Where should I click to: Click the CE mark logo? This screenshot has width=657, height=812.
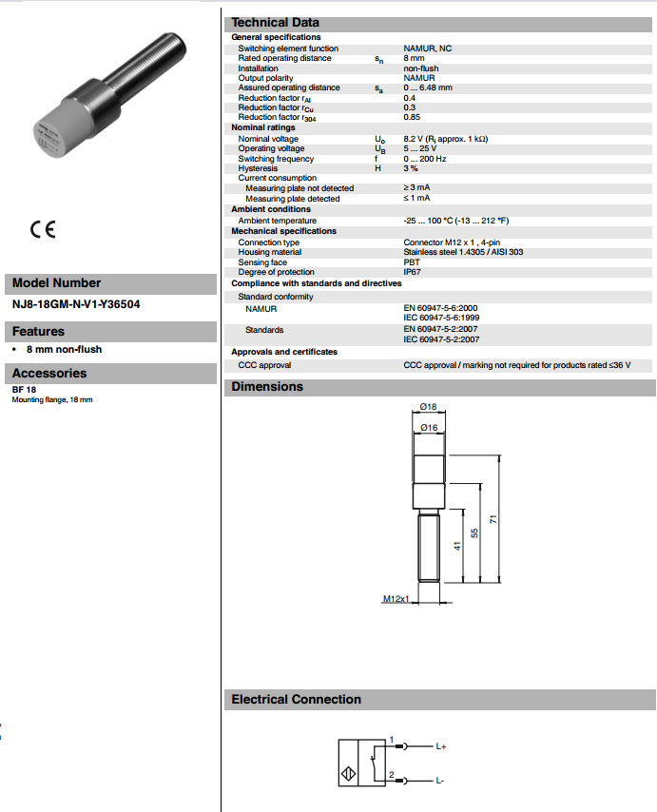(x=43, y=229)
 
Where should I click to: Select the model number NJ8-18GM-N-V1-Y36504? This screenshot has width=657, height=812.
(x=69, y=306)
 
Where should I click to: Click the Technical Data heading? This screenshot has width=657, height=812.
(x=276, y=22)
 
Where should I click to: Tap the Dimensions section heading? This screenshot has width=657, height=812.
(x=267, y=387)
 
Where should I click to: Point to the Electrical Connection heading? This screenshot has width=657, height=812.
(x=296, y=700)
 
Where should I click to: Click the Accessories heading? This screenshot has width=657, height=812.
(x=49, y=374)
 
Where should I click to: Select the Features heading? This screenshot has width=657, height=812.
(x=39, y=332)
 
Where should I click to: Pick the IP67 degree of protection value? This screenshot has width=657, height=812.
(x=413, y=272)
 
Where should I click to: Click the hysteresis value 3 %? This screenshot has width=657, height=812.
(x=411, y=168)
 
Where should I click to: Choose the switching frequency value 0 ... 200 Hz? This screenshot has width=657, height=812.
(x=426, y=159)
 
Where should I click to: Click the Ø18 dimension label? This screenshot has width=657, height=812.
(x=428, y=407)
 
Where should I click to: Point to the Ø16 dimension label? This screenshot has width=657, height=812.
(x=428, y=428)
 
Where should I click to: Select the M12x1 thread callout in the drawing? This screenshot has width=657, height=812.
(x=396, y=600)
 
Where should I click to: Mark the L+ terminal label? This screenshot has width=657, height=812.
(x=441, y=747)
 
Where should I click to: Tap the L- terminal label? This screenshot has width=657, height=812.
(x=440, y=781)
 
